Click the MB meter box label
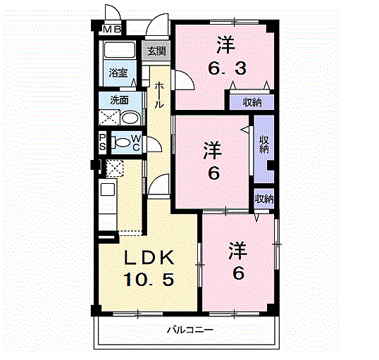coord(112,30)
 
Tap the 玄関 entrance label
coord(156,51)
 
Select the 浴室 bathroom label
coord(118,73)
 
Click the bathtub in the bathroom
coord(118,50)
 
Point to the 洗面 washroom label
coord(119,100)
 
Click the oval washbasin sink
coord(130,118)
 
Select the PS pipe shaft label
coord(102,142)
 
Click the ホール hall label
coord(159,95)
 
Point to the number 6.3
coord(228,68)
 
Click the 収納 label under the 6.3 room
coord(252,103)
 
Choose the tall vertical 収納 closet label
coord(264,145)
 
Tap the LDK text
coord(149,257)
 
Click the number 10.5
coord(149,279)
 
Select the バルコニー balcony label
coord(191,330)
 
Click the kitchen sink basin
coord(108,190)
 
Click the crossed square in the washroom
coord(109,118)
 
